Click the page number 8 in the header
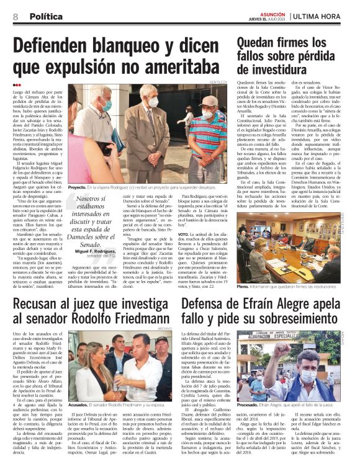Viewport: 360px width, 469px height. (16, 16)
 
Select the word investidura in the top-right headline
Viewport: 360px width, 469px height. (269, 73)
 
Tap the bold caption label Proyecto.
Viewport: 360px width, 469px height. (78, 185)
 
